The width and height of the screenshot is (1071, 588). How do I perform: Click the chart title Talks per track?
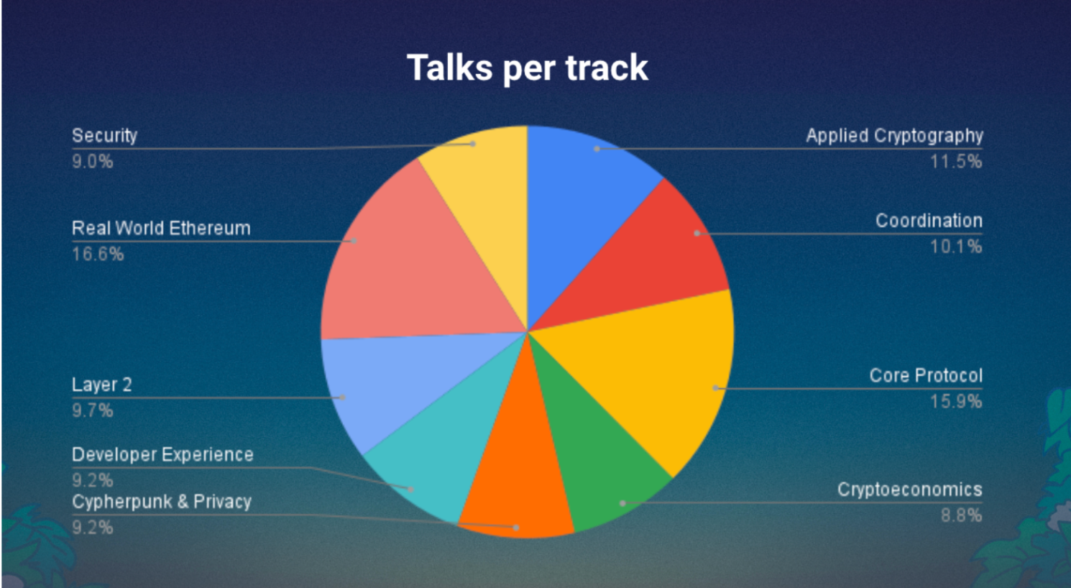point(528,68)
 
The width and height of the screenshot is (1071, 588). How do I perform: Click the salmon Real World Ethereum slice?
point(411,267)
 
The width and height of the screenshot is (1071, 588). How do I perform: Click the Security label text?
point(105,136)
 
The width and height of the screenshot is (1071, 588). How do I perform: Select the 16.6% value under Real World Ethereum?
point(98,254)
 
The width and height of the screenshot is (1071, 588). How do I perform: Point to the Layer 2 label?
point(102,385)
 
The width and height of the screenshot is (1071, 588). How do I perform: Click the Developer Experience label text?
point(162,454)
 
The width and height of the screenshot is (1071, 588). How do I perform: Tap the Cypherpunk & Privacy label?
point(162,502)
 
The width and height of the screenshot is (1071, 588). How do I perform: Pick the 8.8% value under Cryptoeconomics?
point(962,516)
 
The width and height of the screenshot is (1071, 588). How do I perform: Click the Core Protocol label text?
point(926,376)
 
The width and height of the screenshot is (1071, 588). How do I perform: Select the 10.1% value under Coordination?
point(956,247)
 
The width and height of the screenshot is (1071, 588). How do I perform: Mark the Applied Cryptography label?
point(895,136)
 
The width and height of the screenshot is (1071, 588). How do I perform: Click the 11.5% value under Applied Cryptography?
point(956,162)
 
